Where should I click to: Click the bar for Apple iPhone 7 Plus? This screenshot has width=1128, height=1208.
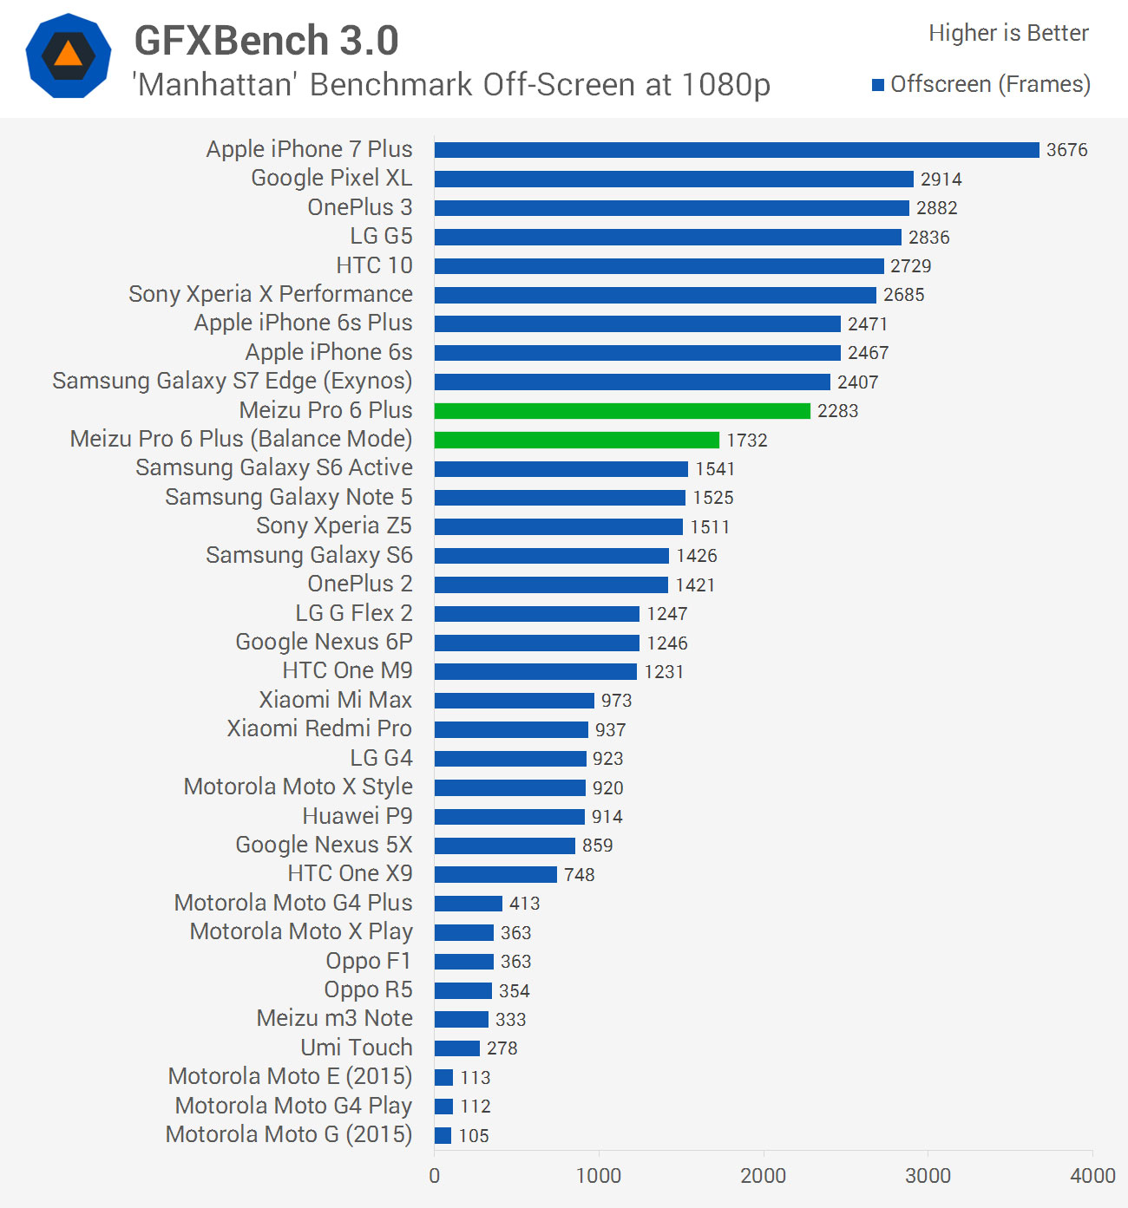pyautogui.click(x=736, y=150)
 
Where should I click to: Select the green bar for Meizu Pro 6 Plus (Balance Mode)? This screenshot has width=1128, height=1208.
pyautogui.click(x=576, y=440)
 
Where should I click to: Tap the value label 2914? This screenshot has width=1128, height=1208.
pyautogui.click(x=941, y=180)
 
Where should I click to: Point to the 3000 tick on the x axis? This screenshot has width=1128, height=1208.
pyautogui.click(x=928, y=1176)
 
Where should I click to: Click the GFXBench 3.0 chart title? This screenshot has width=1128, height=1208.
pyautogui.click(x=266, y=41)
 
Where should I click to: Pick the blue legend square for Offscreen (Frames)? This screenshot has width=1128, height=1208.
pyautogui.click(x=878, y=85)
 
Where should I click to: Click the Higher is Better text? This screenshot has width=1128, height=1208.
pyautogui.click(x=1008, y=33)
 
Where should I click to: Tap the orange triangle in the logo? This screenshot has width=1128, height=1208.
pyautogui.click(x=69, y=56)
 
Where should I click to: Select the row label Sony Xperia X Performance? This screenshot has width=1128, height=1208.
pyautogui.click(x=270, y=294)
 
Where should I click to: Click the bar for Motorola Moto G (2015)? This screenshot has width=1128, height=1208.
pyautogui.click(x=443, y=1135)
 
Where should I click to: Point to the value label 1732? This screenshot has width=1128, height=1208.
pyautogui.click(x=746, y=441)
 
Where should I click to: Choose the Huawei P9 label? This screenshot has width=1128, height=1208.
pyautogui.click(x=357, y=816)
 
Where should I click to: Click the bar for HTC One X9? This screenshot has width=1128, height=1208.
pyautogui.click(x=495, y=874)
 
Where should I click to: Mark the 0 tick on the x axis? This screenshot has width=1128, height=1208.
pyautogui.click(x=434, y=1176)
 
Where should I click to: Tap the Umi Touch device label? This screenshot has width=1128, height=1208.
pyautogui.click(x=356, y=1048)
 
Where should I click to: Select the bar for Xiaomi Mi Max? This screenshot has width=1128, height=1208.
pyautogui.click(x=514, y=701)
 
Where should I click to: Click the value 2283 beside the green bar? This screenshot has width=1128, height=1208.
pyautogui.click(x=837, y=411)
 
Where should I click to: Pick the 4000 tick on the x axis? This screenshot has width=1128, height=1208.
pyautogui.click(x=1092, y=1176)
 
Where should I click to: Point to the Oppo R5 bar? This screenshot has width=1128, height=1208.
pyautogui.click(x=462, y=990)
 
